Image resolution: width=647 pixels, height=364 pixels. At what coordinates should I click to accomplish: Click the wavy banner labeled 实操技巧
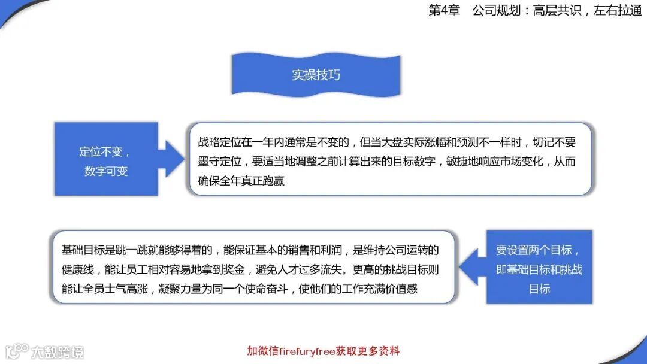(316, 74)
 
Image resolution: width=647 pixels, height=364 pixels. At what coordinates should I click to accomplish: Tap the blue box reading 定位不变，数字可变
(106, 159)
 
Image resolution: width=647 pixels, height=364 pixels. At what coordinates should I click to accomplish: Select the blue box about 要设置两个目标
(539, 268)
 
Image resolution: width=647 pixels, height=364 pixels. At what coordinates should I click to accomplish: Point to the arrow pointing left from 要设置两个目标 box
(474, 267)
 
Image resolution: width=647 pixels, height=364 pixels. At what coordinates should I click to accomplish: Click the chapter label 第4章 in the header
(443, 11)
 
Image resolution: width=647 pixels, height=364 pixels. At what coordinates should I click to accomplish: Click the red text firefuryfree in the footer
(306, 351)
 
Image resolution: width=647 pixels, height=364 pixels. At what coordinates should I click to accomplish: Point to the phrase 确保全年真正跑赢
(241, 180)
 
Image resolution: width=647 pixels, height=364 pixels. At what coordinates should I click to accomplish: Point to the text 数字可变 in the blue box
(106, 171)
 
